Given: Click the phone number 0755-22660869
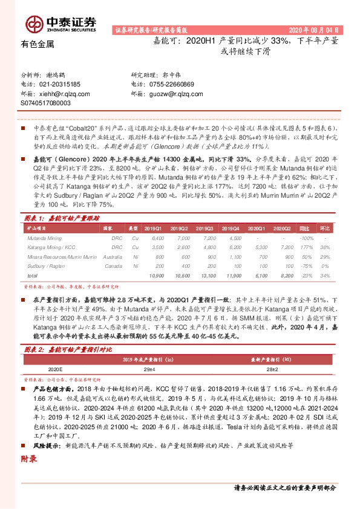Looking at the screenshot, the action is click(x=171, y=85).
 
